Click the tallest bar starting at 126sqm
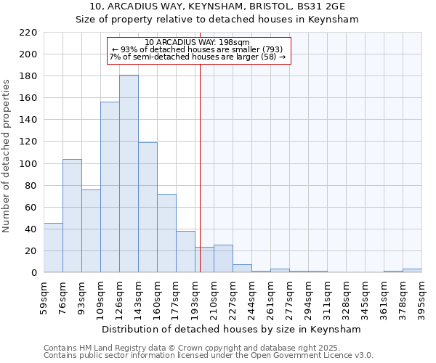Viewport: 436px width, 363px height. pos(129,174)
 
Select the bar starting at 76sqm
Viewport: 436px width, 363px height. pos(72,216)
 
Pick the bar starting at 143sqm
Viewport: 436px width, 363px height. pos(148,208)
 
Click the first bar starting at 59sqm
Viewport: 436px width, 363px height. pos(53,248)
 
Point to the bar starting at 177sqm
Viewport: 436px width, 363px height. pos(185,252)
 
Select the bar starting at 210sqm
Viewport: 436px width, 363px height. pos(223,259)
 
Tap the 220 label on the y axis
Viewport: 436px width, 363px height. pos(28,33)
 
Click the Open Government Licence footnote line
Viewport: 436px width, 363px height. pos(208,356)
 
